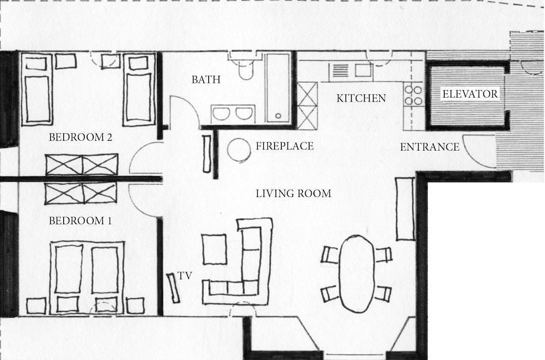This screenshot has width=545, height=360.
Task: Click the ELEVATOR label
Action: [470, 94]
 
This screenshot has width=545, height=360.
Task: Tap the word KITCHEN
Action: [361, 98]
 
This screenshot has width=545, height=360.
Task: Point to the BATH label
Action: [206, 80]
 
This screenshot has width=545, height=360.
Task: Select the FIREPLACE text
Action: [284, 146]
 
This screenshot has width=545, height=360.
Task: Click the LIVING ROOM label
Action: [294, 194]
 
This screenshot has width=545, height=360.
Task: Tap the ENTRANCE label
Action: [429, 147]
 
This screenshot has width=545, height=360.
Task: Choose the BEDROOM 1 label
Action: [80, 221]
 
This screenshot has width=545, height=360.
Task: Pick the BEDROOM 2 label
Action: [80, 137]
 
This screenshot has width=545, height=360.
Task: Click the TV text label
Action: [185, 276]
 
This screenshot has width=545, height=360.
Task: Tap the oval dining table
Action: [357, 273]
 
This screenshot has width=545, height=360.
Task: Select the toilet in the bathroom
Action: [246, 67]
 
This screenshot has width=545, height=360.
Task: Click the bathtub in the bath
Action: [278, 88]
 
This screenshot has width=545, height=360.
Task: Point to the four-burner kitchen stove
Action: [413, 95]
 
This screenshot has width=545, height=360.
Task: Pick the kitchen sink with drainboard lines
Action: [350, 70]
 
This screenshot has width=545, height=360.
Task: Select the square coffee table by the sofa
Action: [214, 249]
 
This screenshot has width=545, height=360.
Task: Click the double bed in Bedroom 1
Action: [87, 278]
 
